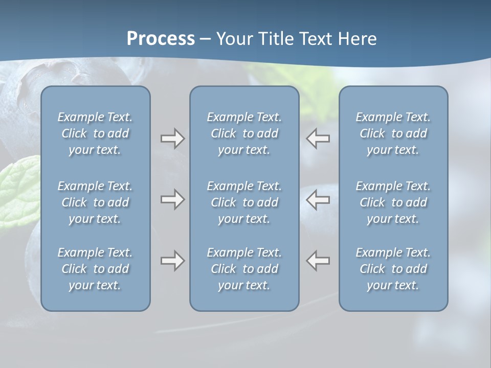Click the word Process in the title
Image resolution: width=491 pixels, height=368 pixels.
pos(161,39)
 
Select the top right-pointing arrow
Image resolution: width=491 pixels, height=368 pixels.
pos(172,139)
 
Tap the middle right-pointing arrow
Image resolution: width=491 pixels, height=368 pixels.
pos(172,199)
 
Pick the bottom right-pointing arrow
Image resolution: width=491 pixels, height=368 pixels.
pos(172,261)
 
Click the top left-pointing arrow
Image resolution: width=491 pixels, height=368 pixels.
pos(318,139)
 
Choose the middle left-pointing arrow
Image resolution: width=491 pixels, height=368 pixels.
pos(318,199)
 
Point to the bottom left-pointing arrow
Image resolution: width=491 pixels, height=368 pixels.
pos(318,261)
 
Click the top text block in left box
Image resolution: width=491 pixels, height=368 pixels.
pos(95,133)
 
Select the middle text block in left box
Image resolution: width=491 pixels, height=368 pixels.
pos(95,202)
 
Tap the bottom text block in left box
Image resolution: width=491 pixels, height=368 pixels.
pos(95,269)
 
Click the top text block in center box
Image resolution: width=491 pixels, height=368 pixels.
pos(244,133)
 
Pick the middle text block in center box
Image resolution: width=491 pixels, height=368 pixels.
pos(244,202)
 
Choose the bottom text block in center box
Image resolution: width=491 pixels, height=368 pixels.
pos(244,269)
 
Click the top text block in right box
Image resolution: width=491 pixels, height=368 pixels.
pos(393,133)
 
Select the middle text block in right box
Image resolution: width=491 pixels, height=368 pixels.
pos(393,202)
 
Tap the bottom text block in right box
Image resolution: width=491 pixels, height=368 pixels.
pos(393,269)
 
